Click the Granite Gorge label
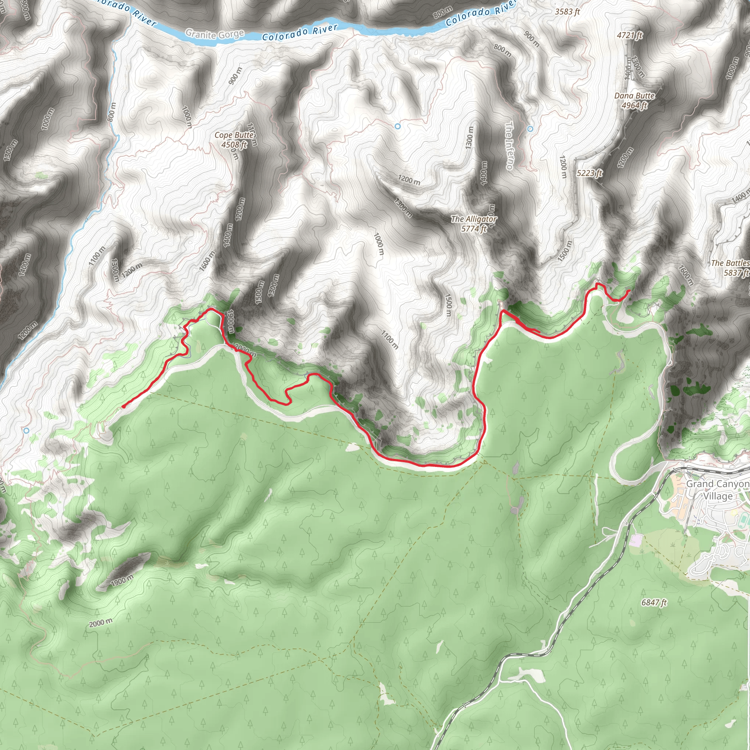pyautogui.click(x=215, y=34)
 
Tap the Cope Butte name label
pyautogui.click(x=234, y=135)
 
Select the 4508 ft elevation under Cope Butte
pyautogui.click(x=234, y=145)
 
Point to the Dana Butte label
pyautogui.click(x=634, y=96)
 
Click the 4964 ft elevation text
pyautogui.click(x=634, y=105)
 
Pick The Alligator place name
pyautogui.click(x=474, y=219)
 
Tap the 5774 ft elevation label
pyautogui.click(x=474, y=229)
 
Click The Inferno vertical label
pyautogui.click(x=509, y=146)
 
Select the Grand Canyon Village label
pyautogui.click(x=717, y=490)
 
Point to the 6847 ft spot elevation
pyautogui.click(x=654, y=602)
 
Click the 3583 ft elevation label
pyautogui.click(x=567, y=12)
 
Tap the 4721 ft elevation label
pyautogui.click(x=630, y=35)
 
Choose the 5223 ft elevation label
pyautogui.click(x=589, y=173)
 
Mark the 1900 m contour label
pyautogui.click(x=122, y=581)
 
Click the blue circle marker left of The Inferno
pyautogui.click(x=397, y=126)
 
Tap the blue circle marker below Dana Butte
pyautogui.click(x=530, y=129)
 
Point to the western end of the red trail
pyautogui.click(x=123, y=407)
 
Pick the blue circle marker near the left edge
pyautogui.click(x=26, y=431)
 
